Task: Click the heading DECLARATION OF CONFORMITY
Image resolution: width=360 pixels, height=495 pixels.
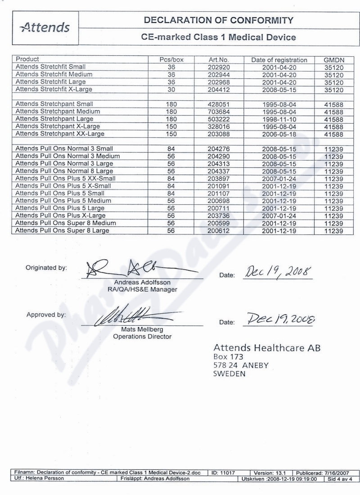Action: point(218,20)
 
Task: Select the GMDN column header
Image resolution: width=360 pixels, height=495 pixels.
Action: point(334,59)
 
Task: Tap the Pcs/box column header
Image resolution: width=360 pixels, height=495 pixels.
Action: point(171,59)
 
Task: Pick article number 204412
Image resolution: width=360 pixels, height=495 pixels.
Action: point(219,90)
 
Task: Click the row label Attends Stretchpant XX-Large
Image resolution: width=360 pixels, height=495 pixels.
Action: point(60,134)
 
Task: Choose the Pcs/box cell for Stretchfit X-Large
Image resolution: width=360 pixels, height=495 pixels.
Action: point(171,90)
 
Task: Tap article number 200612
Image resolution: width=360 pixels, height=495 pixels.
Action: point(219,231)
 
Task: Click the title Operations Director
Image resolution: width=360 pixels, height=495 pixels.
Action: point(142,336)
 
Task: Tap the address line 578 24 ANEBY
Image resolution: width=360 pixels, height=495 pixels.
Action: point(240,365)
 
